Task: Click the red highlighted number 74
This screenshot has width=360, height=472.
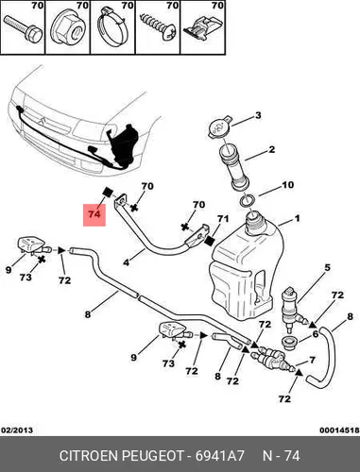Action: (94, 214)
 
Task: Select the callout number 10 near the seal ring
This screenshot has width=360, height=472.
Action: (287, 185)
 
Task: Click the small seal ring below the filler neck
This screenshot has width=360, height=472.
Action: (247, 201)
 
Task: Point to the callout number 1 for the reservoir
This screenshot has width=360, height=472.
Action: (297, 218)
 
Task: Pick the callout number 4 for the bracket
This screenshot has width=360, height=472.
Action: (126, 262)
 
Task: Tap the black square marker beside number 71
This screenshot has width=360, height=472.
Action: (210, 241)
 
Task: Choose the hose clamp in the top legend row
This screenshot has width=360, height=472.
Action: (113, 29)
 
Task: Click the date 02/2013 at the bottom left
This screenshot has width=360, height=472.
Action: (17, 430)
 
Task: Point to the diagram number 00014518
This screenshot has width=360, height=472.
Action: (339, 430)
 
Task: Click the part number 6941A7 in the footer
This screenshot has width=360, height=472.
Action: (220, 456)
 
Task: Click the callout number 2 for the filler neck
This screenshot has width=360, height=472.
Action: (271, 149)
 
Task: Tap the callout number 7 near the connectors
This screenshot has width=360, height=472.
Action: (312, 360)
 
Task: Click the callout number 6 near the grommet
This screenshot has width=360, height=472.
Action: (316, 334)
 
